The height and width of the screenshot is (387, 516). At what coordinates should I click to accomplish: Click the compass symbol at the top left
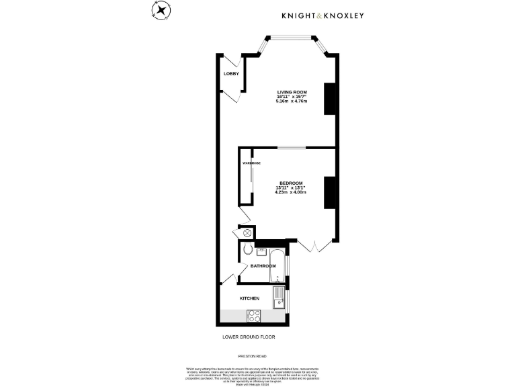click(x=161, y=11)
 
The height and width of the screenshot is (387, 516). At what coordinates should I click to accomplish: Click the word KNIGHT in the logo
click(x=299, y=15)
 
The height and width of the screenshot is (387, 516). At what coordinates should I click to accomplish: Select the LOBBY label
click(x=231, y=74)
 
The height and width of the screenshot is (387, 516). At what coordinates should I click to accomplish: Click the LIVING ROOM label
click(x=292, y=91)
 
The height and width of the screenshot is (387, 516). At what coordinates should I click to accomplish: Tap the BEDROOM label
click(x=291, y=183)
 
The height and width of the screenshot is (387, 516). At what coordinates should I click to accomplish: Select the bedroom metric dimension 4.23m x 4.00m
click(x=291, y=193)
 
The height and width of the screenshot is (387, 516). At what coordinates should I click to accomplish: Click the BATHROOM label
click(x=263, y=266)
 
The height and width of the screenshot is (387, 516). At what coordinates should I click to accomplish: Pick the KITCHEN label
click(x=249, y=298)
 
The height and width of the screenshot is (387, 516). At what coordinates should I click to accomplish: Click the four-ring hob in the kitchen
click(x=255, y=315)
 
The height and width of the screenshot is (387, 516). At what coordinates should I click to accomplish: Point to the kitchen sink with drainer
click(x=279, y=298)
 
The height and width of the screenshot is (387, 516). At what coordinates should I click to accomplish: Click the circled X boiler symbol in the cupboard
click(x=247, y=232)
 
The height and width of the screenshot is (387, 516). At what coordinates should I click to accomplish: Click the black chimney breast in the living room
click(x=330, y=99)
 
